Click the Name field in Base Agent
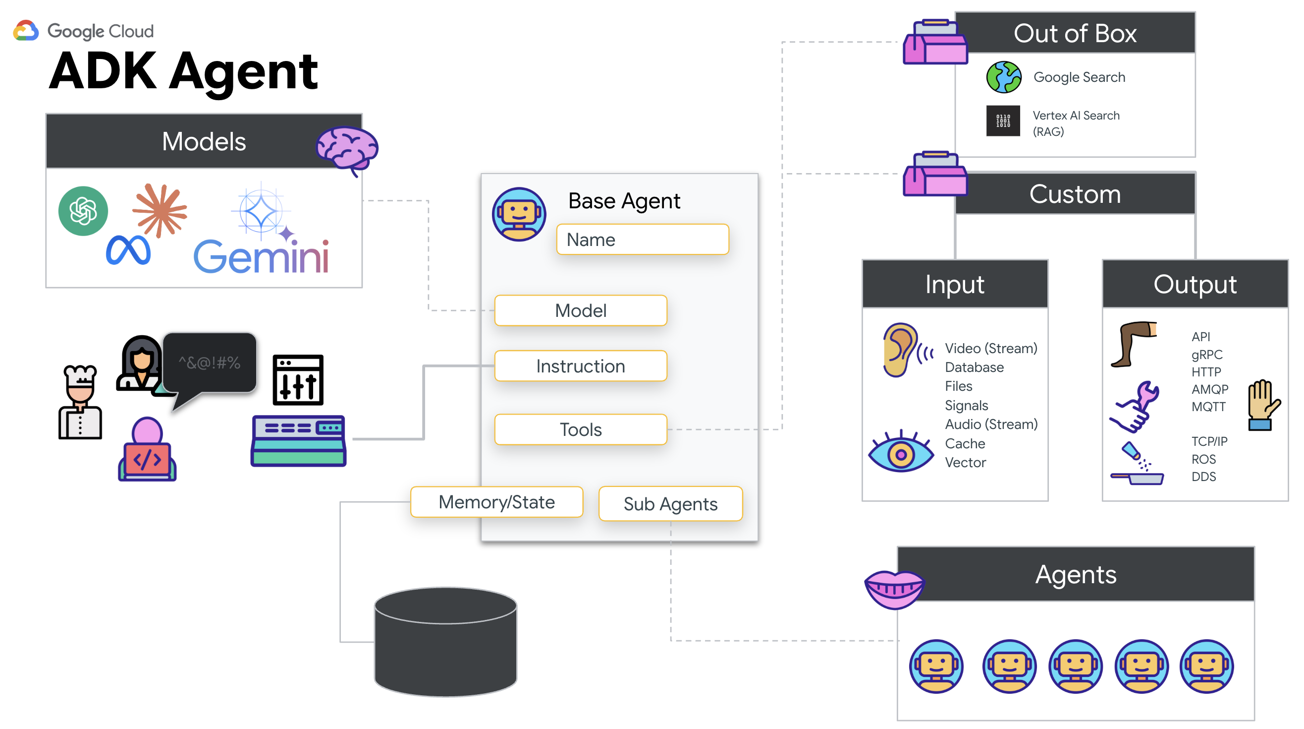[642, 239]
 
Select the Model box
[580, 310]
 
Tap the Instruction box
[580, 366]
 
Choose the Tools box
[580, 429]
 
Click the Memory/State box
[496, 501]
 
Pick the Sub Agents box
[670, 503]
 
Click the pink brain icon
[347, 148]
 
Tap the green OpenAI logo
[83, 211]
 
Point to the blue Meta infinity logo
[128, 250]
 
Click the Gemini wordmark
[261, 256]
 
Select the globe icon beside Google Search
[1003, 77]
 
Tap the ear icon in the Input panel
[901, 350]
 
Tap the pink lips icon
[894, 589]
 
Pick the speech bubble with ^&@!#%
[209, 363]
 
